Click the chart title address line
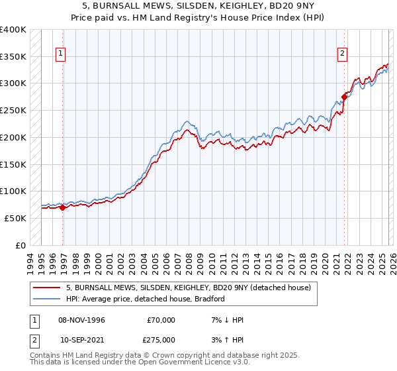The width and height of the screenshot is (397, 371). coord(198,5)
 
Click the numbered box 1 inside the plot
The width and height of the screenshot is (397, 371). coord(60,54)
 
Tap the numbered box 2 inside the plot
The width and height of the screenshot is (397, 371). coord(343,54)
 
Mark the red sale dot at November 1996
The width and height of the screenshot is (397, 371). coord(63,207)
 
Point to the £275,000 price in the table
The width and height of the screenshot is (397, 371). coord(161,339)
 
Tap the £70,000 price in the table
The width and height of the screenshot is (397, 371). coord(161,320)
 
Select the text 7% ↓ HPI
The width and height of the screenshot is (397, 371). coord(226,320)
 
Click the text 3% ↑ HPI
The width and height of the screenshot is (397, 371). coord(226,339)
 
